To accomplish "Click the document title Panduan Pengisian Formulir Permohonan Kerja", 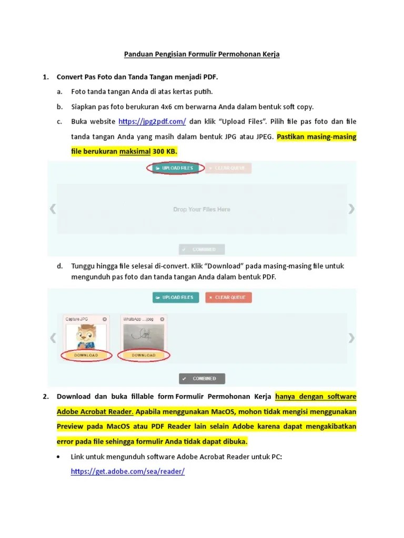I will [x=201, y=54].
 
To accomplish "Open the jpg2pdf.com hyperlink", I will [x=153, y=121].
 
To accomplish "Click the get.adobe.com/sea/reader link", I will [x=128, y=471].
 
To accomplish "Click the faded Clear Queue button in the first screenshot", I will [x=228, y=168].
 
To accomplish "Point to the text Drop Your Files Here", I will [x=201, y=209].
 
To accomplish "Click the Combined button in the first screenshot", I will [x=201, y=250].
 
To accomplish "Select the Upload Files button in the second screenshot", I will [x=176, y=297].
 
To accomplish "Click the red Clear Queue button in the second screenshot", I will [x=228, y=297].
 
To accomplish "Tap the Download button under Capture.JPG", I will [x=86, y=355].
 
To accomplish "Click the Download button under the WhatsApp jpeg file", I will [x=144, y=355].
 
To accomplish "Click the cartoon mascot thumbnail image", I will [x=86, y=336].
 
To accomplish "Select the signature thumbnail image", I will [x=144, y=336].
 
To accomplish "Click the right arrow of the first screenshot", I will [x=351, y=209].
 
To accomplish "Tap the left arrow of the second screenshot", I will [x=53, y=337].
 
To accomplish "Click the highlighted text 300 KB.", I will [x=165, y=152].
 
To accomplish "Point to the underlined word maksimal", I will [x=135, y=152].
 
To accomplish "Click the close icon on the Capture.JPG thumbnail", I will [x=105, y=319].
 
